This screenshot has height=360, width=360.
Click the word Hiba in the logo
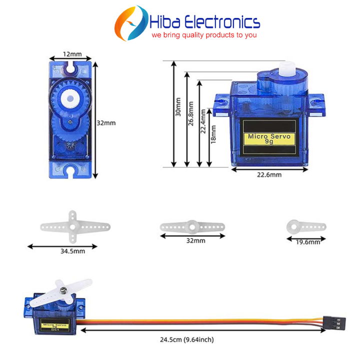[165, 22]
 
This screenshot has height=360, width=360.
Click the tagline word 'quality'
[192, 35]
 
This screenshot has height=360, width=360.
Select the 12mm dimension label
[72, 54]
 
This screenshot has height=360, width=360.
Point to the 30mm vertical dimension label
[178, 107]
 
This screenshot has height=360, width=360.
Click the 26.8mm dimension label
[190, 113]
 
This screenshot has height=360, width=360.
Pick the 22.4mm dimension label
[203, 121]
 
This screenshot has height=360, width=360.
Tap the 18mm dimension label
[213, 134]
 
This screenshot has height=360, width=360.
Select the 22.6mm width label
[269, 175]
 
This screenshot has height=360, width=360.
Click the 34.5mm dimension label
[73, 251]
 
